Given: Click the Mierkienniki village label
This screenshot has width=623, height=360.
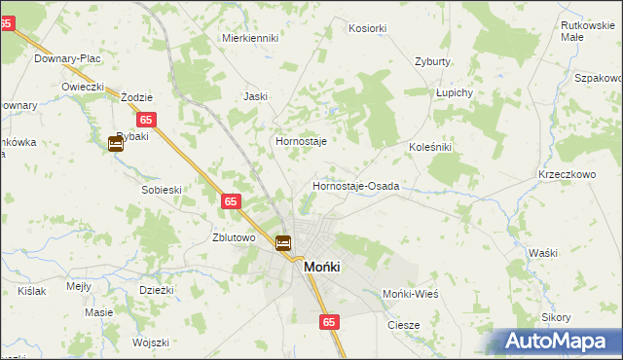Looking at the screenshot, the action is (250, 38).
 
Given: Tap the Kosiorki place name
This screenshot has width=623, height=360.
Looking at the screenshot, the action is (368, 29).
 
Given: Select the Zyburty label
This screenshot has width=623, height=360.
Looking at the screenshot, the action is (432, 61).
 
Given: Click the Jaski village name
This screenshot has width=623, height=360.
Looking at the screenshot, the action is (255, 96).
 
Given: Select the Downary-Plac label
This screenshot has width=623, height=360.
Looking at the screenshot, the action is (68, 58).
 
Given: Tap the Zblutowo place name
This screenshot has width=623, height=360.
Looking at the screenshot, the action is (234, 237).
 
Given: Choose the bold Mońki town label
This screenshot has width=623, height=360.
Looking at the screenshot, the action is (322, 267).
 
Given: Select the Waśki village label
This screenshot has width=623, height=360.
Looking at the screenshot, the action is (543, 253).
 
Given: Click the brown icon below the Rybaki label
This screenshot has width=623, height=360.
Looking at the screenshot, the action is (116, 145).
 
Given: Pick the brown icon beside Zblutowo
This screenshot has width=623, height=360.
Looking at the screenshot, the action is (283, 243).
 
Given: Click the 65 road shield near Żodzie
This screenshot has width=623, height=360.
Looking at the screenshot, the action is (147, 120).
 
